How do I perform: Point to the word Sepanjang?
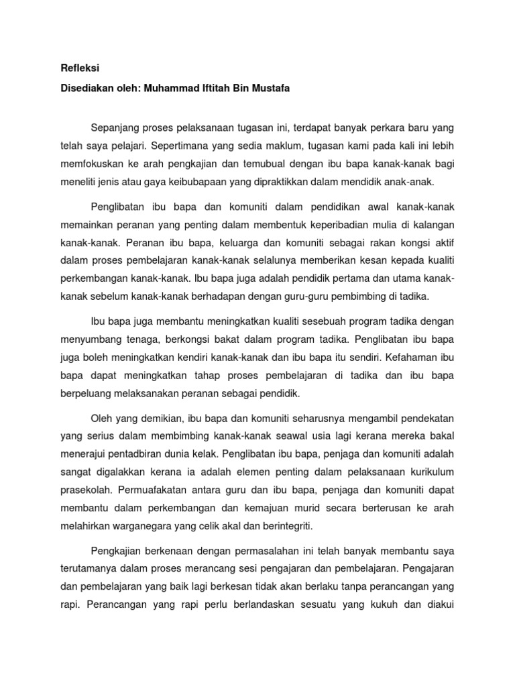pos(115,127)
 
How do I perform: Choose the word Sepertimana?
pos(182,145)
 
